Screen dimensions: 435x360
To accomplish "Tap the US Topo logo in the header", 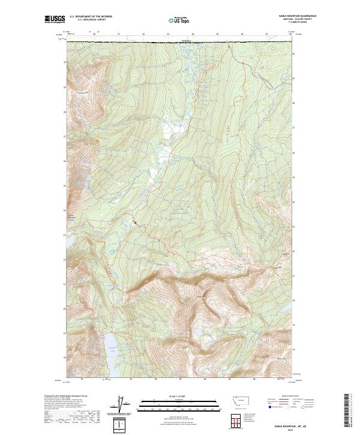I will pos(179,20).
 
